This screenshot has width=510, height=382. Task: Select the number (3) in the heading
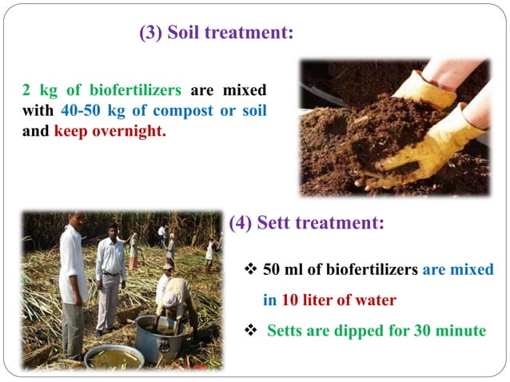click(x=152, y=34)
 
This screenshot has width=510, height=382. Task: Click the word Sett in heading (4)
click(x=283, y=224)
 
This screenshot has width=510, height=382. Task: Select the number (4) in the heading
click(x=242, y=224)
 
